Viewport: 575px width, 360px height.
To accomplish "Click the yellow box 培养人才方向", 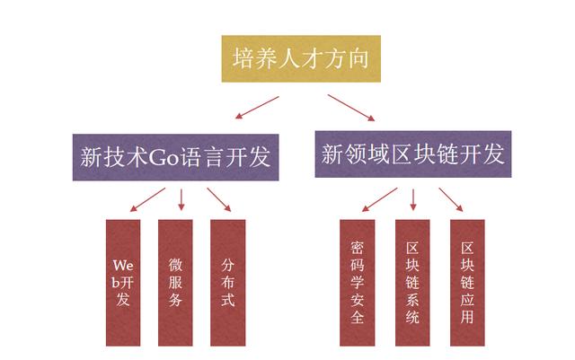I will click(287, 59).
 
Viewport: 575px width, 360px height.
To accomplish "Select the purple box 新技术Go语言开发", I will click(174, 157).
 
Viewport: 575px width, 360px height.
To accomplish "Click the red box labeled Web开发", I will click(123, 283).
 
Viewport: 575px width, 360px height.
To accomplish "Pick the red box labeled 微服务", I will click(175, 283).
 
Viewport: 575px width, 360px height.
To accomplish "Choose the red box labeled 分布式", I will click(227, 283).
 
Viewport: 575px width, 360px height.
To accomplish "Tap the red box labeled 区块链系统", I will click(412, 283).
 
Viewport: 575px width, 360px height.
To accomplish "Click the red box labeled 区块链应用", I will click(466, 283).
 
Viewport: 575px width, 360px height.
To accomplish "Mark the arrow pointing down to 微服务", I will click(181, 199).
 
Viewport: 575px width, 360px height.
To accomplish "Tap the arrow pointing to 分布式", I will click(219, 200).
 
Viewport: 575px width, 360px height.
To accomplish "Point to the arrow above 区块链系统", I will click(413, 198).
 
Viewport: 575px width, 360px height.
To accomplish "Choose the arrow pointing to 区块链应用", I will click(450, 200).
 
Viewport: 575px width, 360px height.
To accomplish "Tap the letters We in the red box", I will click(123, 265).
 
